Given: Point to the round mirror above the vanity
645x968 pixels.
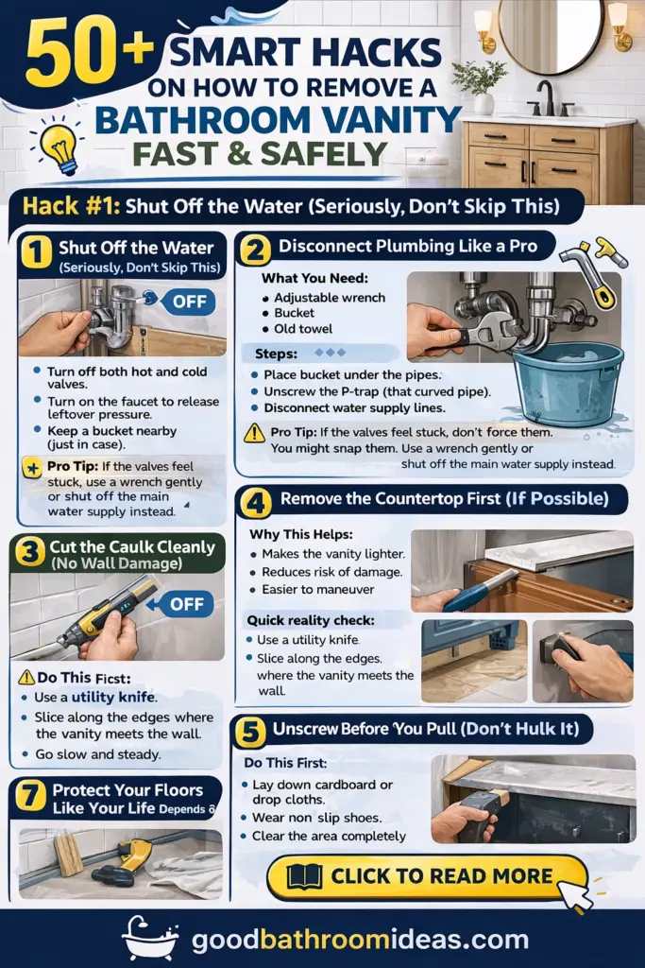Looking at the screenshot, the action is click(x=551, y=33).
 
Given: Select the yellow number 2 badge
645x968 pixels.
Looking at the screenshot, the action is click(x=254, y=250).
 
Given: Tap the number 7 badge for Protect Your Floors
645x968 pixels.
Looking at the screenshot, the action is click(x=28, y=796).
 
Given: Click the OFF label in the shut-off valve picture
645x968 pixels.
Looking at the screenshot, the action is click(x=189, y=302).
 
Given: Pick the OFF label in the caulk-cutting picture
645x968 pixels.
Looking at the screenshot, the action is click(x=186, y=604).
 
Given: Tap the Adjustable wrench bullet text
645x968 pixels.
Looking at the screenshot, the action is click(x=330, y=298).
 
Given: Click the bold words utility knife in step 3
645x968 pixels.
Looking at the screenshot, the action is click(x=112, y=697).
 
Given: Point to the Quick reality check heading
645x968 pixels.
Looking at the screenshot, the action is click(x=311, y=620).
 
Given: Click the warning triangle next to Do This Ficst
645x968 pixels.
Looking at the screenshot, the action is click(x=26, y=677).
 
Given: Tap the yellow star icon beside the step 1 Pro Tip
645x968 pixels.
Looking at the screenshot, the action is click(x=32, y=467).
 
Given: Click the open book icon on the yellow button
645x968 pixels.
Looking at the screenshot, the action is click(x=305, y=876).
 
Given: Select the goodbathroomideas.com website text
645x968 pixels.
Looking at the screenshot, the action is click(x=360, y=940).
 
